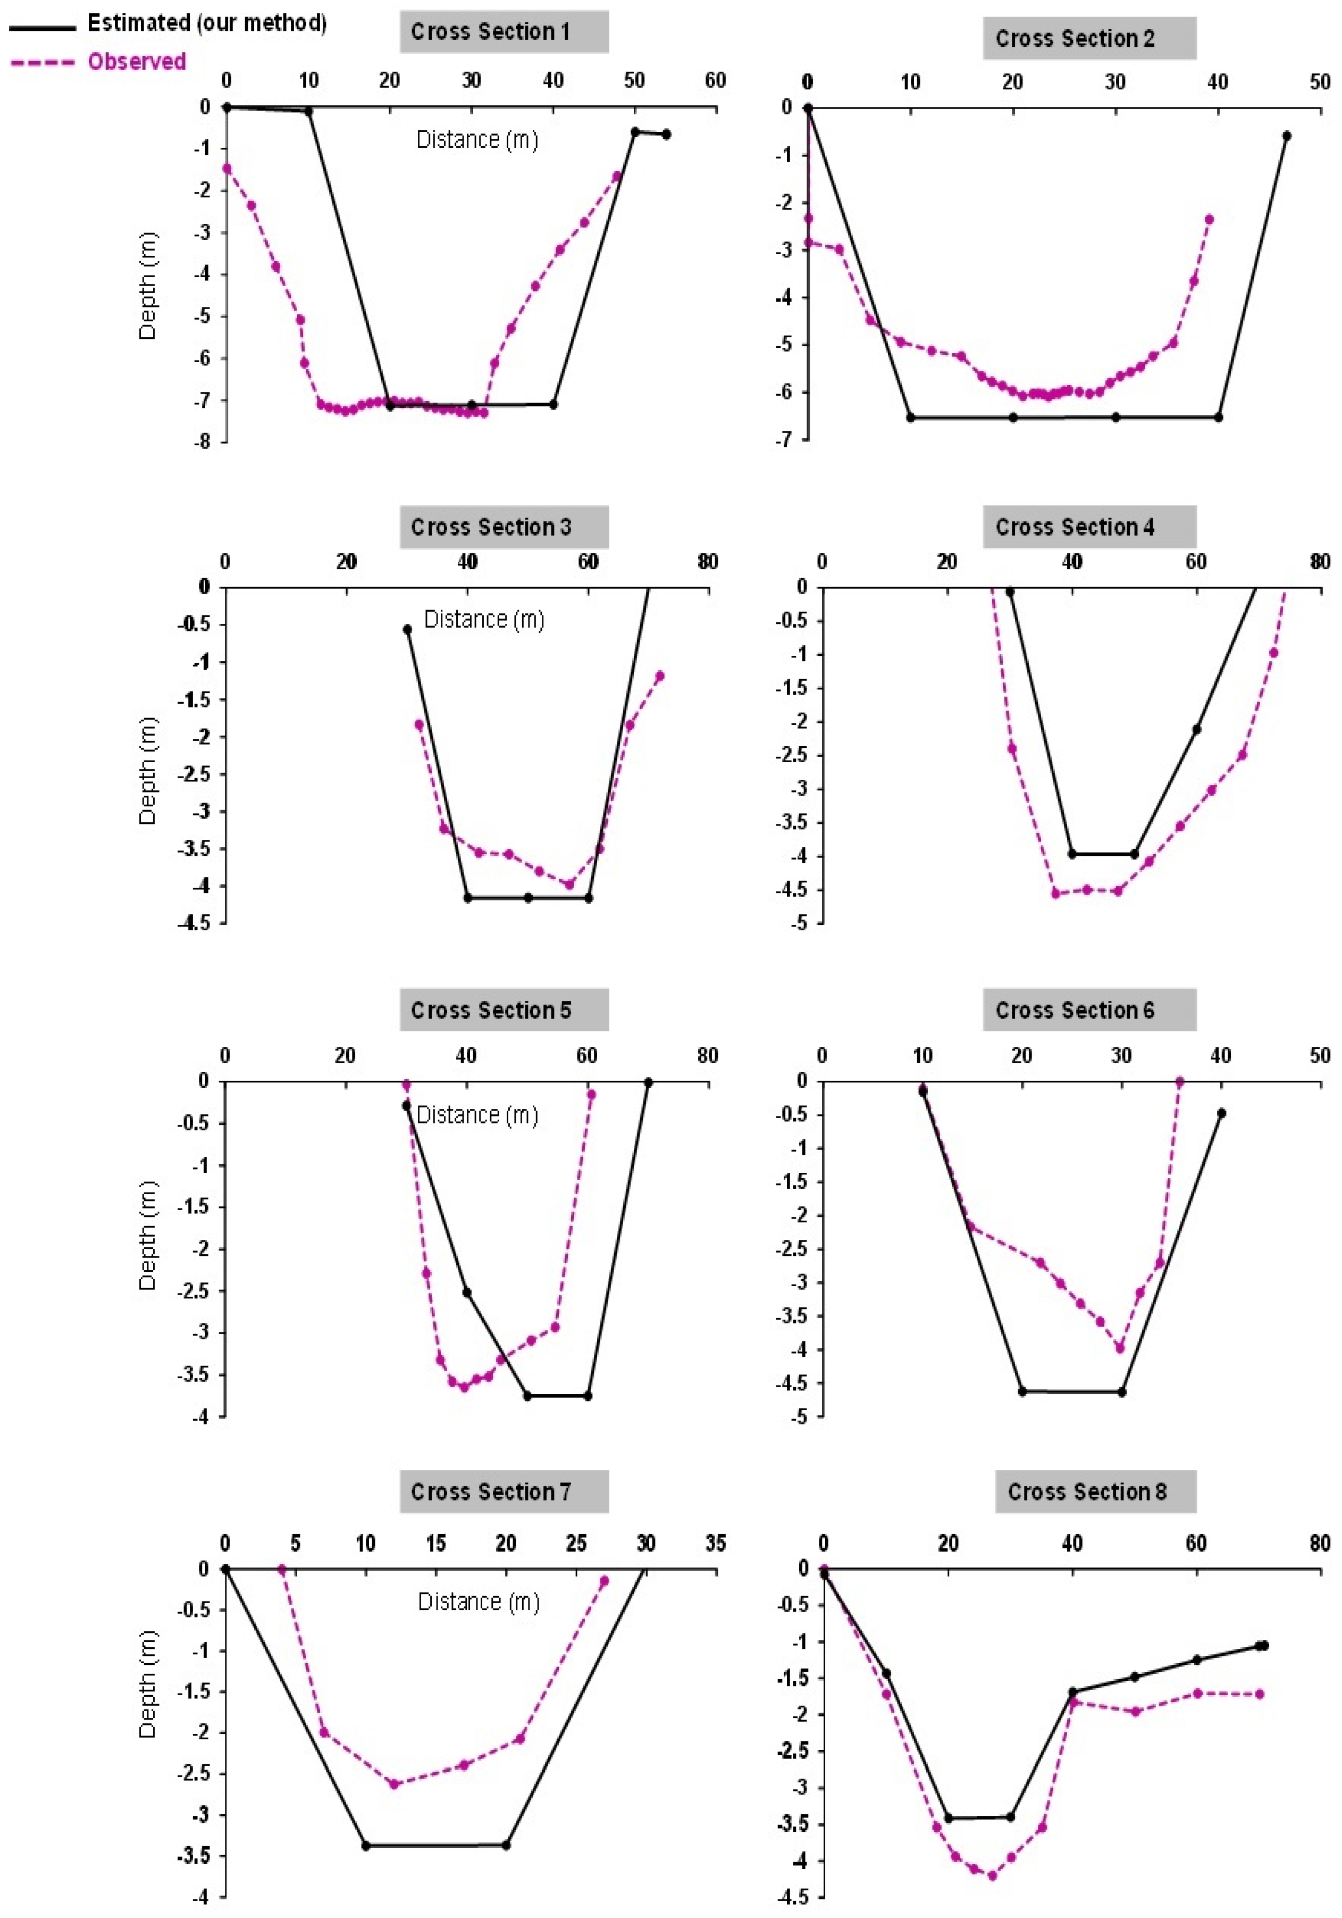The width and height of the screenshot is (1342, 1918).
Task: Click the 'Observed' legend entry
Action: (136, 62)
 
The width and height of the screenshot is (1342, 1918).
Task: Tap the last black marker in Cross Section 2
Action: (1286, 135)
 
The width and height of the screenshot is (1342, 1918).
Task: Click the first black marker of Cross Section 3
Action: (407, 630)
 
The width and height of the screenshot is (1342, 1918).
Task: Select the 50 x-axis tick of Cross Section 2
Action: (1320, 82)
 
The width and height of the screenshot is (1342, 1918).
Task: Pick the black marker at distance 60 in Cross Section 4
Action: (1196, 729)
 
